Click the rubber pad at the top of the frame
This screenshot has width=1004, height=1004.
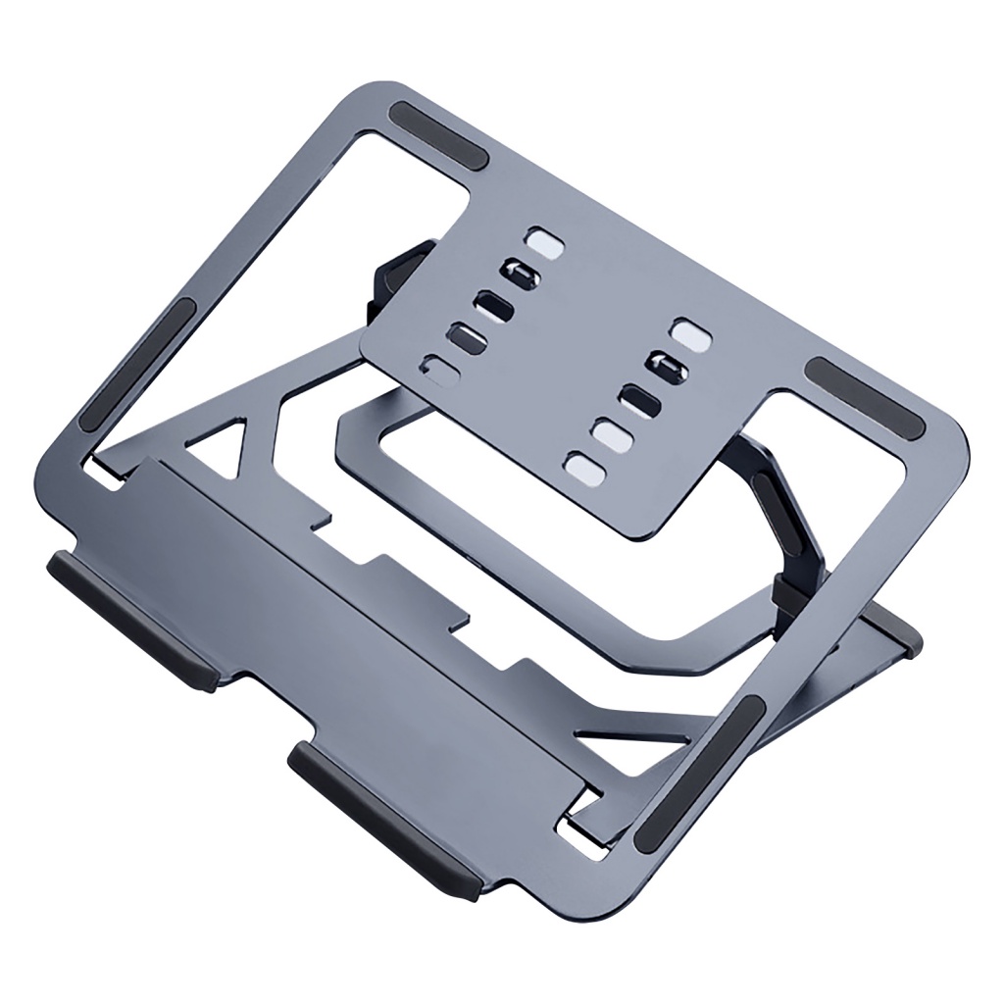[x=439, y=136]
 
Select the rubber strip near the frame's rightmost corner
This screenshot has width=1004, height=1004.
[x=864, y=400]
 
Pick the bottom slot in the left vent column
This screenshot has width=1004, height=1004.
[x=440, y=372]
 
